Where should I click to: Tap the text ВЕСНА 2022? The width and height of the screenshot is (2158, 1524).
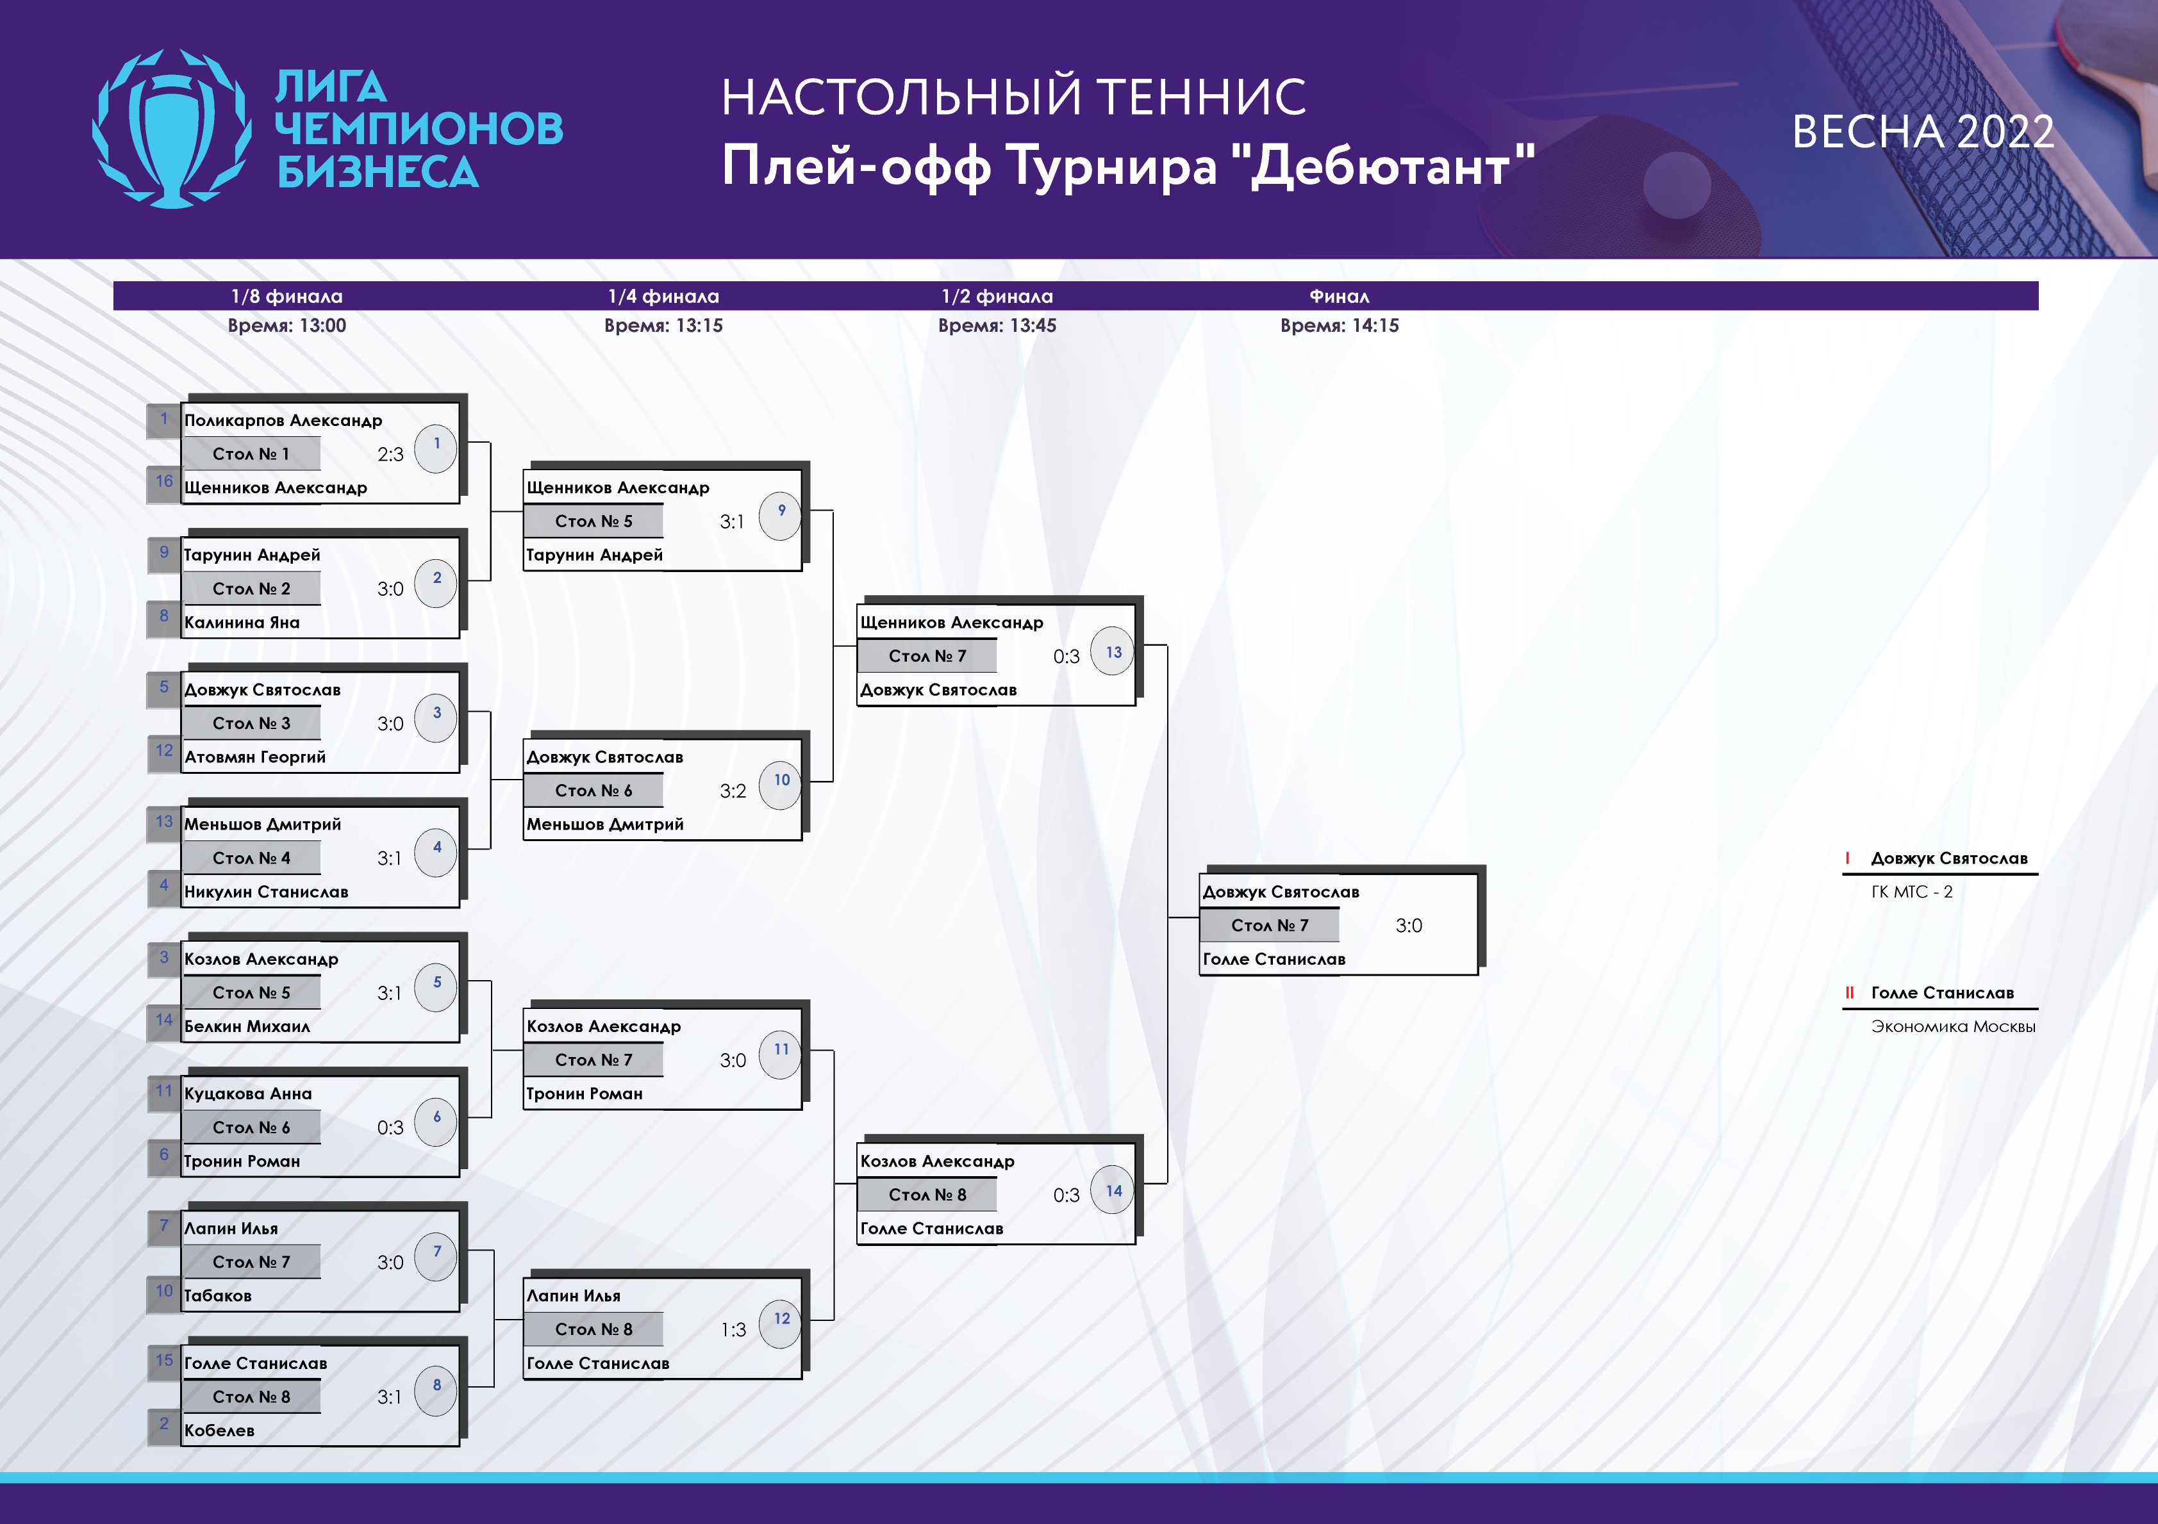pyautogui.click(x=1922, y=131)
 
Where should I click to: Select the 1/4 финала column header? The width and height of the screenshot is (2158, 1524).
pyautogui.click(x=663, y=296)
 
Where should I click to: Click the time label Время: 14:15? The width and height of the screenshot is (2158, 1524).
pyautogui.click(x=1340, y=325)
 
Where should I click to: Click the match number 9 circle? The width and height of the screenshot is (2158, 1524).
pyautogui.click(x=781, y=516)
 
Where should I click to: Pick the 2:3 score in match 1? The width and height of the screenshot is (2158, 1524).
pyautogui.click(x=390, y=454)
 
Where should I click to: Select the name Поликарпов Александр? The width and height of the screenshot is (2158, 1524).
pyautogui.click(x=283, y=420)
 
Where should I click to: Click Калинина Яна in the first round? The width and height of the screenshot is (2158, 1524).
pyautogui.click(x=242, y=622)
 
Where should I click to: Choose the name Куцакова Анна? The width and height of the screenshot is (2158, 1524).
pyautogui.click(x=247, y=1093)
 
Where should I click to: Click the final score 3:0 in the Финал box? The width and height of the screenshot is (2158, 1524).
pyautogui.click(x=1409, y=926)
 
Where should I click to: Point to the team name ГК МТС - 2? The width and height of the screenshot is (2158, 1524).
pyautogui.click(x=1912, y=892)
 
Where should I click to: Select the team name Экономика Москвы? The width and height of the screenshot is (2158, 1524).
pyautogui.click(x=1953, y=1026)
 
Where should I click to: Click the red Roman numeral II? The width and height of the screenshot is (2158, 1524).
pyautogui.click(x=1850, y=992)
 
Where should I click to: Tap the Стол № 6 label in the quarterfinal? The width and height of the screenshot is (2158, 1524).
pyautogui.click(x=593, y=791)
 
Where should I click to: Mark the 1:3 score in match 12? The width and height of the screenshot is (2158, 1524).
pyautogui.click(x=733, y=1329)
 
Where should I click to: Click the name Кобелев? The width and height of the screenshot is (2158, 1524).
pyautogui.click(x=219, y=1430)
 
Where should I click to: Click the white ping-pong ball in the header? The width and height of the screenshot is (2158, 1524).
pyautogui.click(x=1677, y=184)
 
